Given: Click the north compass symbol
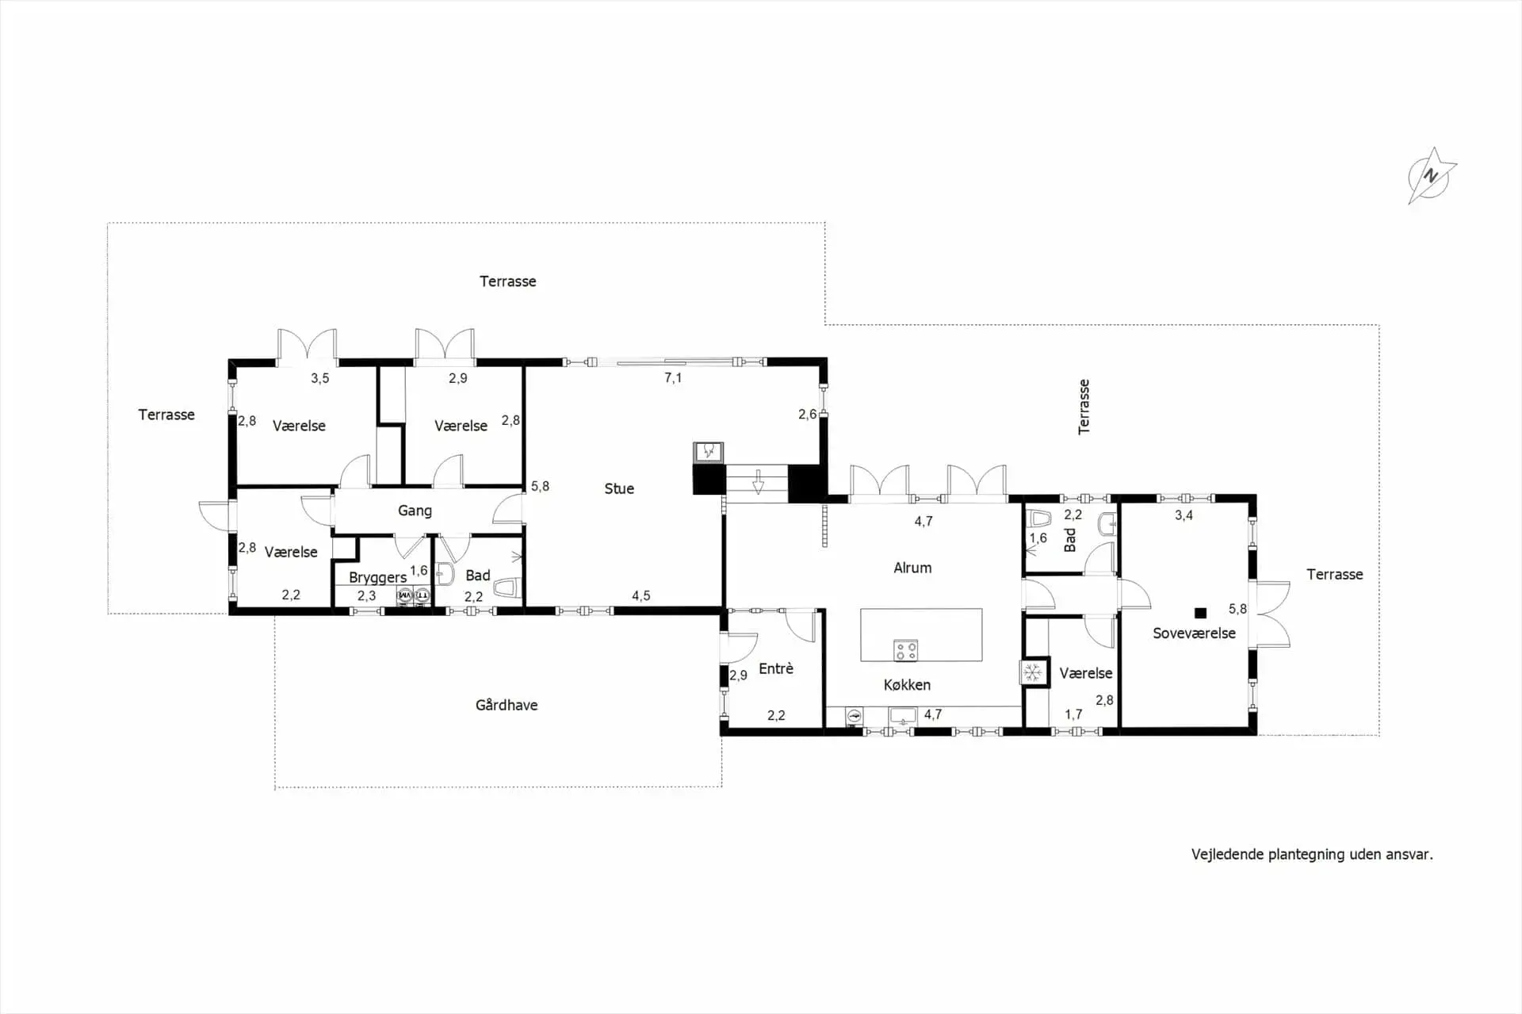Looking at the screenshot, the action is [1431, 176].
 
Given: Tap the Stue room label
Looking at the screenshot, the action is [619, 488].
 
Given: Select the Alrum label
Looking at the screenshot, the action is [912, 568].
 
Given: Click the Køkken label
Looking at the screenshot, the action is [907, 684].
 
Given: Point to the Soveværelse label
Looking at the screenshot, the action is [1194, 633].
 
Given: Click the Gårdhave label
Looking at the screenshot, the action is [507, 705].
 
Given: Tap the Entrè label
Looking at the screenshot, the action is [776, 668].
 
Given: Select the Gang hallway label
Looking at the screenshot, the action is [415, 511].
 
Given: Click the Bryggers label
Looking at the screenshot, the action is [377, 577].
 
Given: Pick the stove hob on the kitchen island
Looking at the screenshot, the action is [905, 651].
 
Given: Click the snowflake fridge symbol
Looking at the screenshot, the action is [1032, 673].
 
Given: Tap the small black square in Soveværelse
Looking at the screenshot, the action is [1200, 613].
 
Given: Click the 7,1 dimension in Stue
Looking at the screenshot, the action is [673, 378].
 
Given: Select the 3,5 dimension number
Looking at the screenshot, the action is [319, 378].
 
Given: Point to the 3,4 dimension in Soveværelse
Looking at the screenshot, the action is [1184, 515].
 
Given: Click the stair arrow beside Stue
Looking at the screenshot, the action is [758, 481].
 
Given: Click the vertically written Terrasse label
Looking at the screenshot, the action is [1084, 407].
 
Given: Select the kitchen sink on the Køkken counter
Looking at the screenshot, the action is [903, 716].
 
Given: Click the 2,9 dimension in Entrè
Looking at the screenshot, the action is [738, 675].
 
